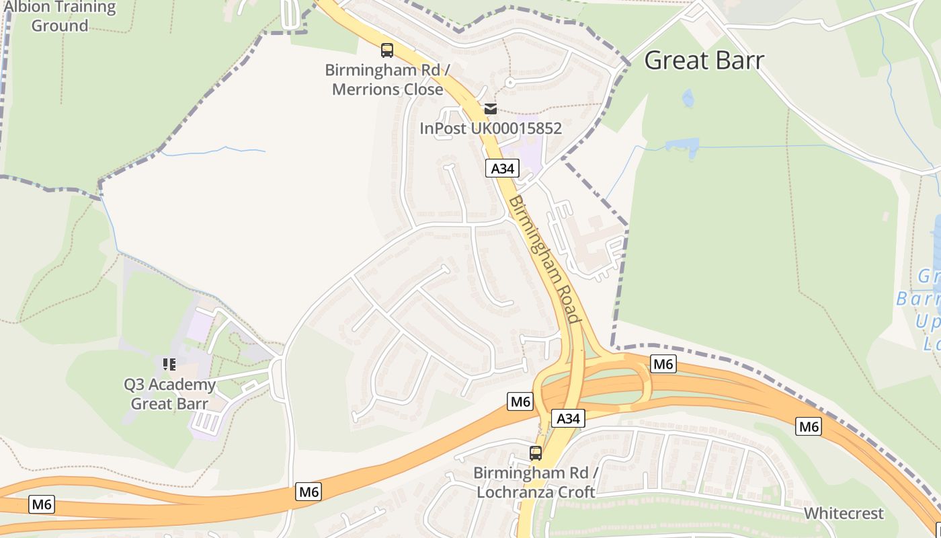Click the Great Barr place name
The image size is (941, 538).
(x=704, y=61)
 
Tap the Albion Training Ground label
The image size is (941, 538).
(x=60, y=17)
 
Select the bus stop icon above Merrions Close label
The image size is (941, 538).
(x=387, y=50)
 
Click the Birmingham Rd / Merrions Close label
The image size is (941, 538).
(x=387, y=79)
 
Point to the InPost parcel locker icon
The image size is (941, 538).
(x=491, y=109)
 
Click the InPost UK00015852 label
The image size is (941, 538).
(x=491, y=128)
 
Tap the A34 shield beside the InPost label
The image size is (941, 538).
(x=502, y=168)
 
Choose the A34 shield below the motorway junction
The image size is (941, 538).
(x=568, y=418)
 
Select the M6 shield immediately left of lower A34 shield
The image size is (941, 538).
(x=521, y=402)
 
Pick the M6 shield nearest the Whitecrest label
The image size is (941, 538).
(x=809, y=426)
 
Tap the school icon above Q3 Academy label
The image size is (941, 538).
(x=169, y=364)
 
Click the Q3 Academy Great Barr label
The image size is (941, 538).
(x=169, y=394)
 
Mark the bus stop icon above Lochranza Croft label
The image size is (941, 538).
(x=536, y=453)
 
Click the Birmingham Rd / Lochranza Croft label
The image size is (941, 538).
(x=536, y=482)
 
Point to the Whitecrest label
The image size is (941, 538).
(x=844, y=513)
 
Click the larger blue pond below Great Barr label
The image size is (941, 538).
(x=682, y=147)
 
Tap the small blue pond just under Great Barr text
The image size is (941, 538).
(x=688, y=99)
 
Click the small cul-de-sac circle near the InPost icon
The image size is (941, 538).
(x=509, y=83)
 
